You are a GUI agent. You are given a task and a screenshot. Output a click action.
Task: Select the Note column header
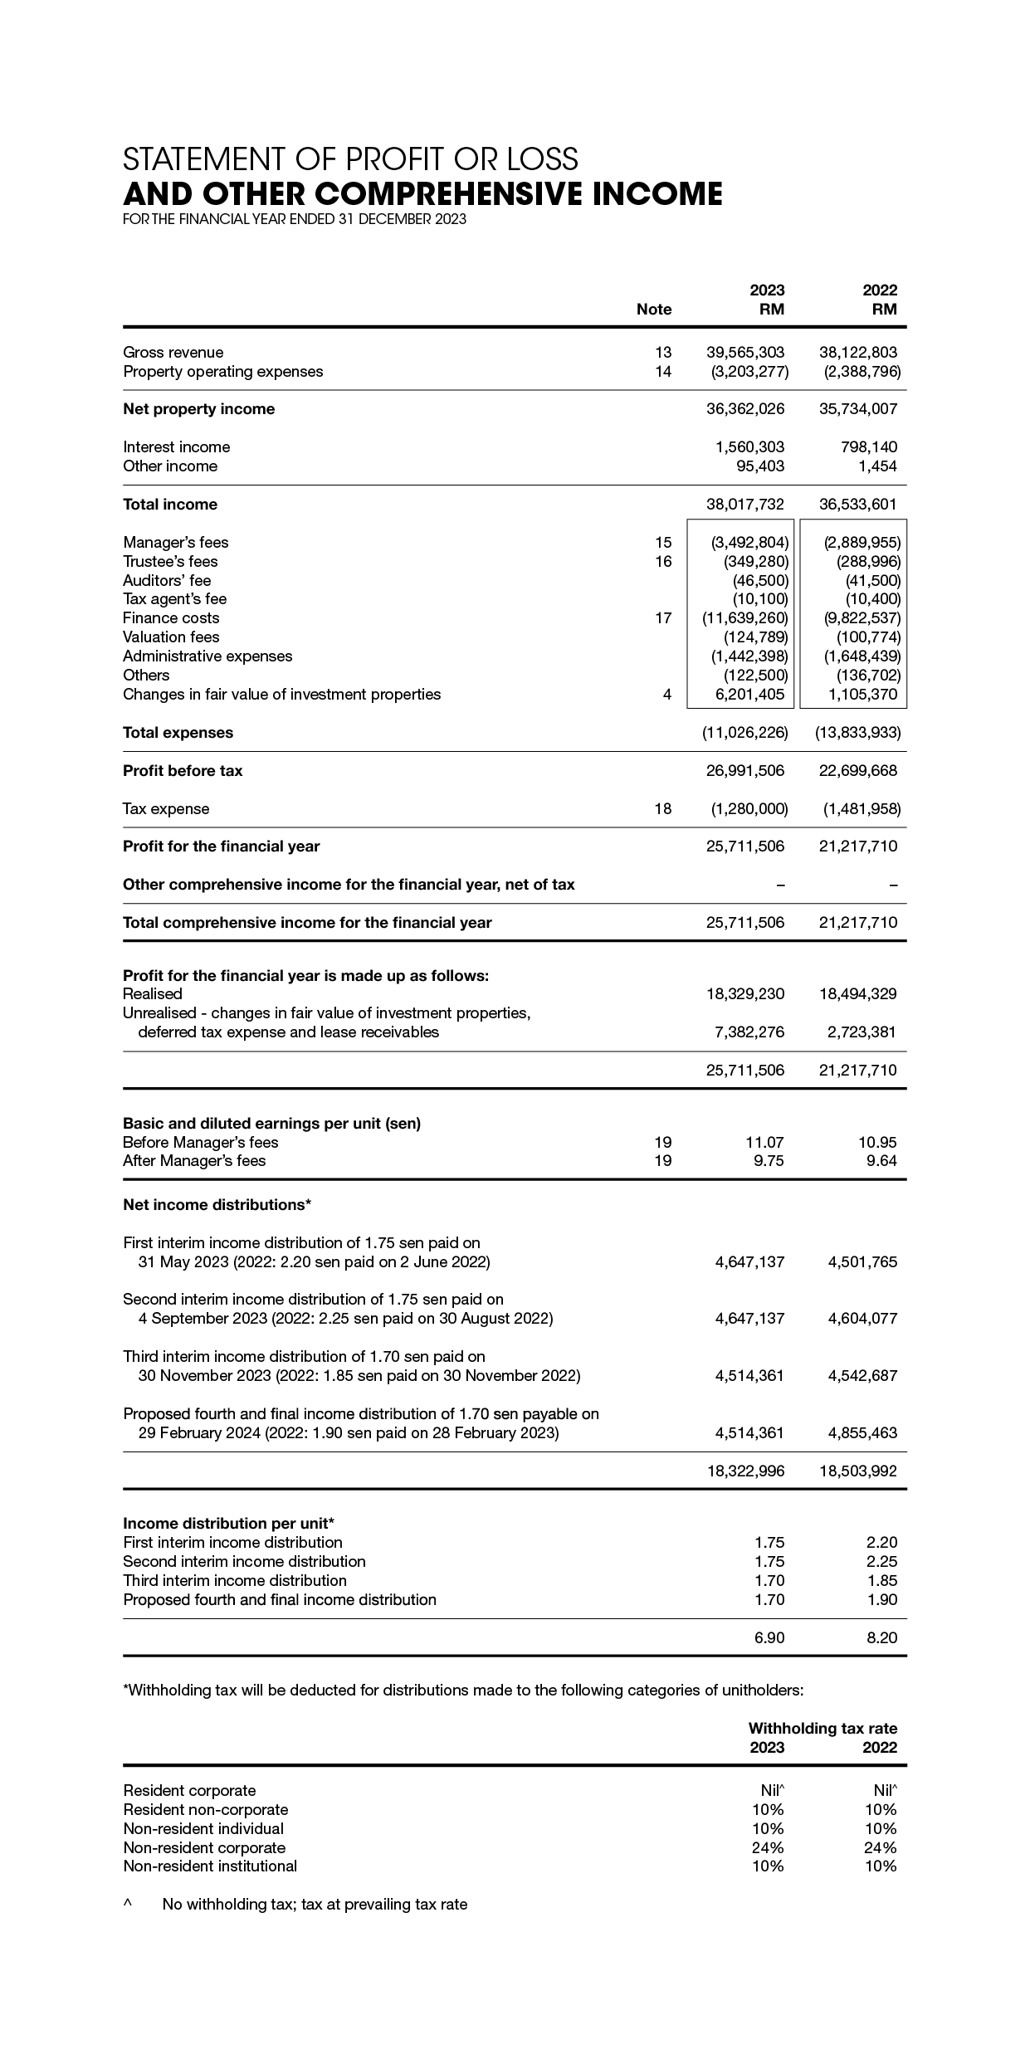[x=653, y=310]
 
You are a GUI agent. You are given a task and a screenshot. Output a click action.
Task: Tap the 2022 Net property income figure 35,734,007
[x=857, y=408]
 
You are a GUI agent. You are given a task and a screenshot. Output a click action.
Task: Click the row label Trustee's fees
[x=170, y=562]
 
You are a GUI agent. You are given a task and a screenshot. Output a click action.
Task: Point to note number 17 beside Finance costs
[x=662, y=618]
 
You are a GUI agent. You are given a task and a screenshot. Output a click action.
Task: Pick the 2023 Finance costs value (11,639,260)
[x=744, y=618]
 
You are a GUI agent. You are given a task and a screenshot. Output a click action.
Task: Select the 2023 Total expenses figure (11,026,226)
[x=744, y=733]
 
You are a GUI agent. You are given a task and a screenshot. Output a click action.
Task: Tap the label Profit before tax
[x=183, y=771]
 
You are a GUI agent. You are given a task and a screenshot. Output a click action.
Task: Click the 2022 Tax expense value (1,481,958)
[x=861, y=808]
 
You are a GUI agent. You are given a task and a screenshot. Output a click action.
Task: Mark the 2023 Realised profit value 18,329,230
[x=745, y=993]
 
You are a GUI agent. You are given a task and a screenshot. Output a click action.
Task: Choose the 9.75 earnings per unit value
[x=768, y=1161]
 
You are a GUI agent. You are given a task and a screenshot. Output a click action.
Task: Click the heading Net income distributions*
[x=217, y=1204]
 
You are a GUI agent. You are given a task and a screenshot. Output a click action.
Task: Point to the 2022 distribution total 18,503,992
[x=857, y=1471]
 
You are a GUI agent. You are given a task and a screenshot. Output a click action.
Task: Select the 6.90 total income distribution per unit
[x=769, y=1637]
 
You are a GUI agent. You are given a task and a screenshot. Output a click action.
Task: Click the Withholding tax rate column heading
[x=822, y=1728]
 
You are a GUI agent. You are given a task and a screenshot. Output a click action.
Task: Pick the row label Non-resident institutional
[x=209, y=1866]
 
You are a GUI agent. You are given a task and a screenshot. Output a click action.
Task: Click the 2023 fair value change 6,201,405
[x=749, y=695]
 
